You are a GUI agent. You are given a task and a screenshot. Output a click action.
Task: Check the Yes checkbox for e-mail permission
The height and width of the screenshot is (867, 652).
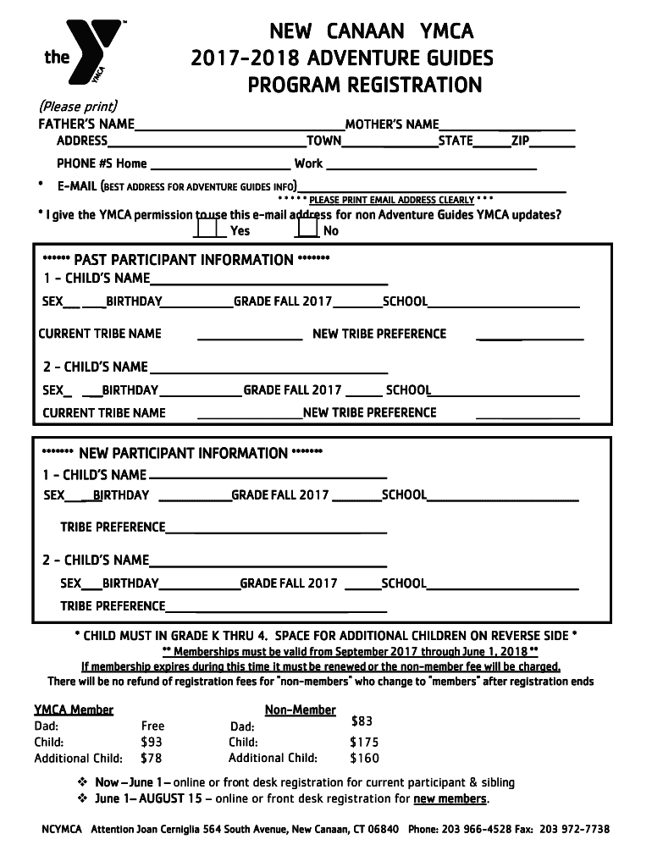point(204,227)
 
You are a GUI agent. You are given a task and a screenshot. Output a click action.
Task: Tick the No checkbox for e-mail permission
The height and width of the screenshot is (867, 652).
point(308,227)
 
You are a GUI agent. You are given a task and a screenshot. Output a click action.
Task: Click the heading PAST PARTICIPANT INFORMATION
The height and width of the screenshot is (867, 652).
point(185,259)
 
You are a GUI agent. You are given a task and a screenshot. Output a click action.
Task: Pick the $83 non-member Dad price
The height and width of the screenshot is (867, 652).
point(362,721)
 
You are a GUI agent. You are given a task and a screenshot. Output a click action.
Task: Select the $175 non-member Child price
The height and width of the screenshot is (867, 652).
point(364,742)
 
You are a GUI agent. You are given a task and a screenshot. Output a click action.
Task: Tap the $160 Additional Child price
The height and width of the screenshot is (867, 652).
point(364,758)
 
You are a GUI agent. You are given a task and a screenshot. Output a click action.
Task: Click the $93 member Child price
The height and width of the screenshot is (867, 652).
point(152,742)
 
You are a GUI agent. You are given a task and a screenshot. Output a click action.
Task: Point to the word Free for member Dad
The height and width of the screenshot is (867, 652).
point(152,726)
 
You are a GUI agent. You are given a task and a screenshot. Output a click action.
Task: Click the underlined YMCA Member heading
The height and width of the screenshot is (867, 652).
point(74,710)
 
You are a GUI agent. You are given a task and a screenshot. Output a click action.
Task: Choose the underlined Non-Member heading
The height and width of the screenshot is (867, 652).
point(300,710)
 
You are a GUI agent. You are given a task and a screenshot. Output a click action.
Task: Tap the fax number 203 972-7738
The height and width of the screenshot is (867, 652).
point(574,829)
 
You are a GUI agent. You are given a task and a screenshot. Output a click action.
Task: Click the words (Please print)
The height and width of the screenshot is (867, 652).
point(78,107)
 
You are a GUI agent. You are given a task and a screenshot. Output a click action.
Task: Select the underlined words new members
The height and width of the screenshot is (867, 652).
point(450,798)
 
